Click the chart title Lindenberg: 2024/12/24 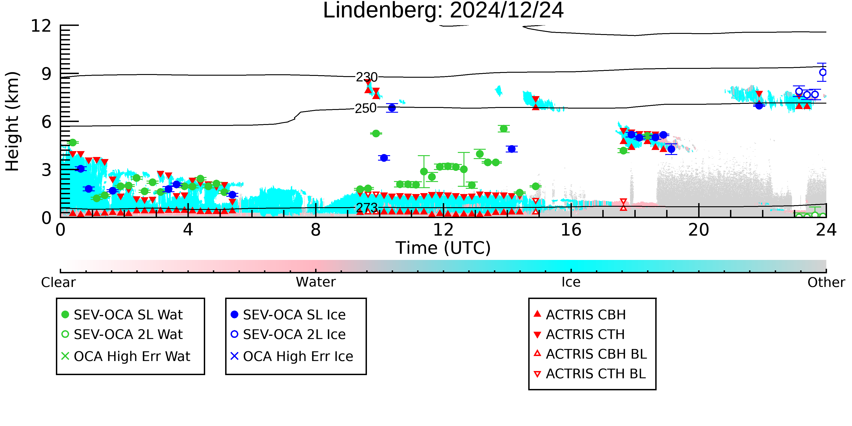coord(443,11)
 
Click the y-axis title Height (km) coord(12,121)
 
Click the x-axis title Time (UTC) coord(443,248)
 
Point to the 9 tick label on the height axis coord(47,74)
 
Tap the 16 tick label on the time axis coord(571,230)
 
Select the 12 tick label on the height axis coord(41,26)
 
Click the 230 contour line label coord(366,77)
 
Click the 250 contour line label coord(366,108)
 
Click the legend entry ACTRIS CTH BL coord(590,374)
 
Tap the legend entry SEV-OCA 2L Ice coord(288,334)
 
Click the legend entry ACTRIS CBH coord(580,314)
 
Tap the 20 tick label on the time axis coord(699,230)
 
